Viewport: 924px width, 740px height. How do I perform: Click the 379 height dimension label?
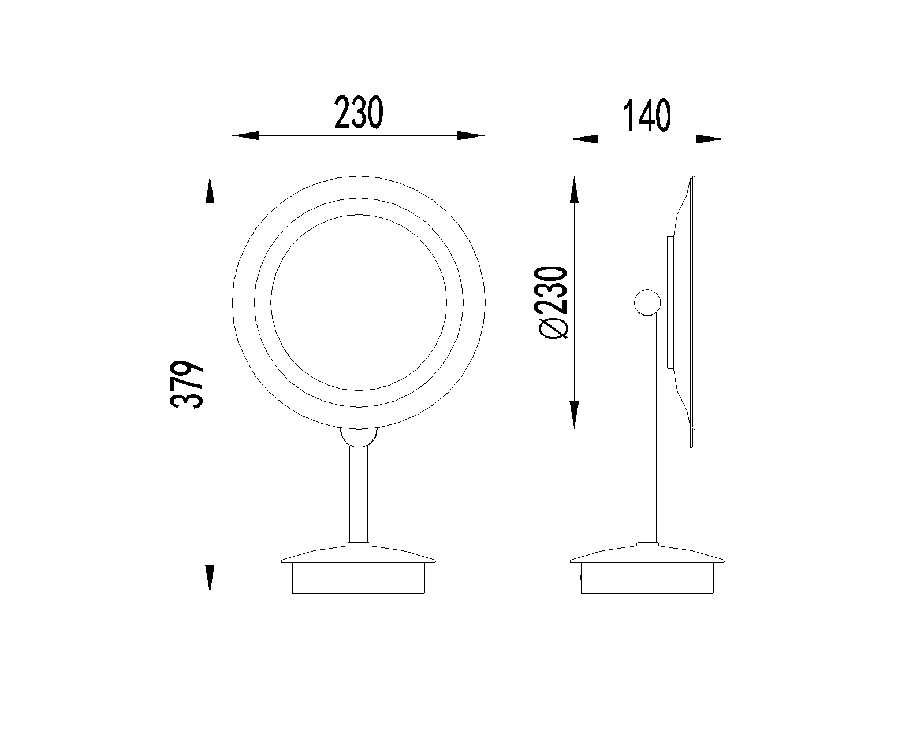coord(187,384)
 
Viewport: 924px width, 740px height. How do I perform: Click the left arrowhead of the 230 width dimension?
coord(246,135)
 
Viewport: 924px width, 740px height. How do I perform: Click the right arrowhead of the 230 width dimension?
coord(471,135)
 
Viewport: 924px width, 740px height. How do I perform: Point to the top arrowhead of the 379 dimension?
coord(210,190)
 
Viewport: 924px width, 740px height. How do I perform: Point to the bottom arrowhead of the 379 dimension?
coord(210,579)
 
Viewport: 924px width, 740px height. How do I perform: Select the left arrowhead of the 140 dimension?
coord(584,139)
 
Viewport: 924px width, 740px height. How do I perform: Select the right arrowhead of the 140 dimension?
coord(710,139)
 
